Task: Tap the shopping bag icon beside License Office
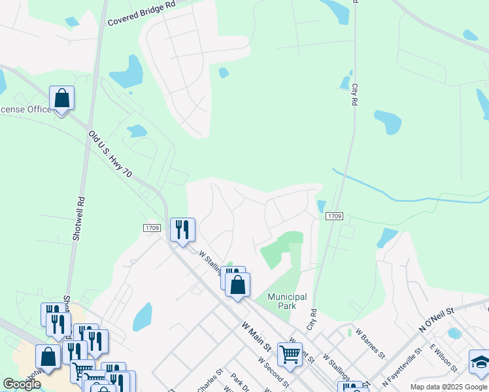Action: pyautogui.click(x=61, y=99)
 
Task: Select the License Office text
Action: pyautogui.click(x=25, y=109)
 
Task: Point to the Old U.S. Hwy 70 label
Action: pyautogui.click(x=110, y=155)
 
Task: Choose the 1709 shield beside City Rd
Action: pyautogui.click(x=334, y=216)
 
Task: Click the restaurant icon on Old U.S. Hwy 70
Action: pyautogui.click(x=182, y=230)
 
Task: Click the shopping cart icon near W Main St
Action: pyautogui.click(x=290, y=354)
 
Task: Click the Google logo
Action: pyautogui.click(x=22, y=384)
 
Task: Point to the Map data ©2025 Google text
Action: pyautogui.click(x=448, y=387)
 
